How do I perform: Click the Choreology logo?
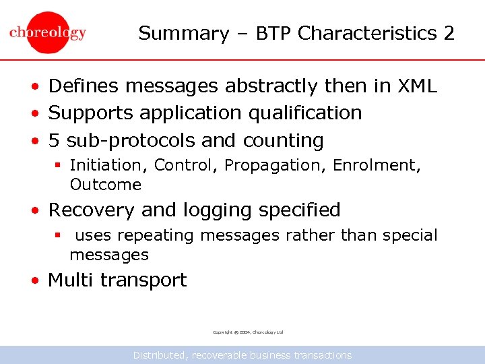48,32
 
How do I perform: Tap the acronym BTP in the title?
276,33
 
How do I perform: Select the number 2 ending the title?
449,33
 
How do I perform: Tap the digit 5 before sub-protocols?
55,140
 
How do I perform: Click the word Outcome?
105,185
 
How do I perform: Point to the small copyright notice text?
248,332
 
